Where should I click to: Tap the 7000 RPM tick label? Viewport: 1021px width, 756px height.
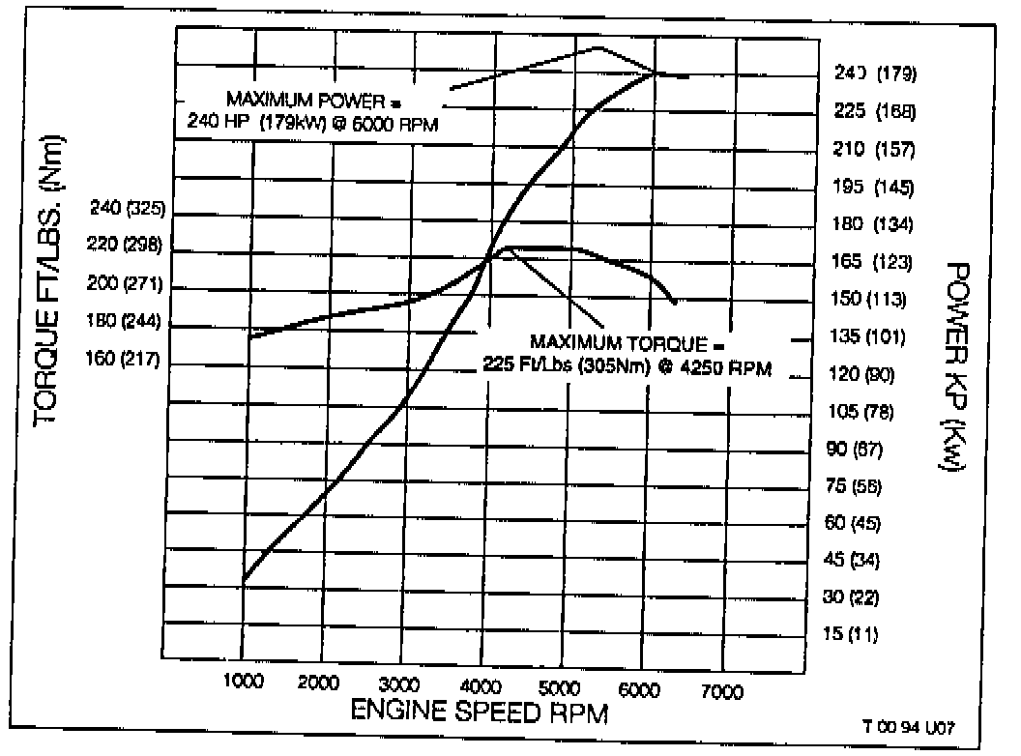click(x=720, y=691)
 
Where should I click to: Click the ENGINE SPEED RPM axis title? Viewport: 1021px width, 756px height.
click(x=480, y=713)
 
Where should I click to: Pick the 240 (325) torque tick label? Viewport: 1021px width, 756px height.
click(x=129, y=208)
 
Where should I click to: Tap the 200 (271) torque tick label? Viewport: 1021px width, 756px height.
click(x=126, y=285)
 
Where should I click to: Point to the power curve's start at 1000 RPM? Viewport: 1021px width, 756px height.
click(x=244, y=580)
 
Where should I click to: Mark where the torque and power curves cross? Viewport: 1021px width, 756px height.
click(x=489, y=256)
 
